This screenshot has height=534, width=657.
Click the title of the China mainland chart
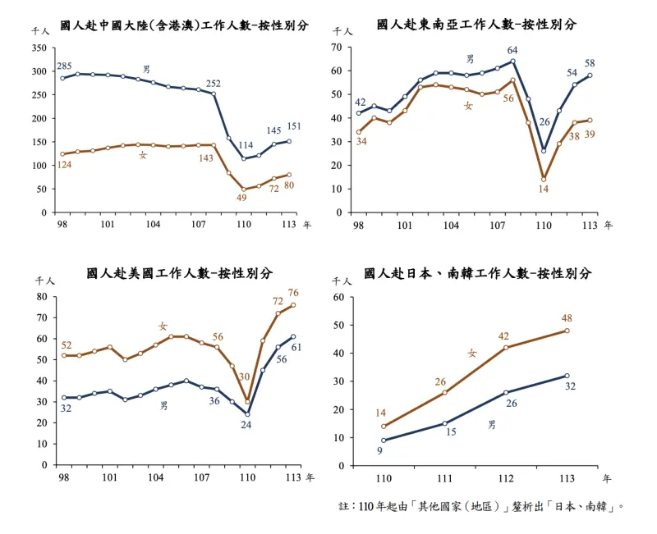[185, 25]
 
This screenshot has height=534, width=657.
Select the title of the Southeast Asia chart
[476, 25]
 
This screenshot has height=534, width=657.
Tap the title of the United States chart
[180, 273]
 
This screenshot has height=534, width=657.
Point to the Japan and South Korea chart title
[477, 273]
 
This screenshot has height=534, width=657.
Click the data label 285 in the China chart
[63, 66]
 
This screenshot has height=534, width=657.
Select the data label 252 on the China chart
[213, 83]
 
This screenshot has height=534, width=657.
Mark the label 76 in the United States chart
[293, 293]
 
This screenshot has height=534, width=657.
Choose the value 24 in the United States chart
[246, 425]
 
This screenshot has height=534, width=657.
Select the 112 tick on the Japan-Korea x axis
[506, 477]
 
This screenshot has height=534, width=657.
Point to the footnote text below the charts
[482, 507]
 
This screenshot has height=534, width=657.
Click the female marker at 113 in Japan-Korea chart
[567, 331]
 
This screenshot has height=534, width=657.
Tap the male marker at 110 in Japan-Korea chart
[384, 440]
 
